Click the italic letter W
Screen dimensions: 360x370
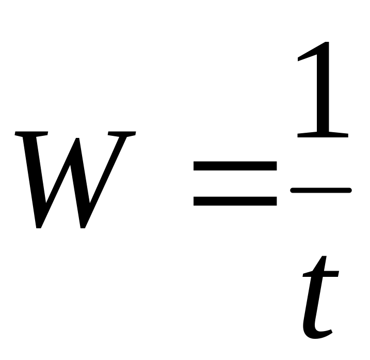(x=75, y=178)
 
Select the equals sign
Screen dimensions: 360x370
(x=235, y=183)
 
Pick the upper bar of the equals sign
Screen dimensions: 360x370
(x=235, y=167)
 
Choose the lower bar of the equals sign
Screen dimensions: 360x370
(x=235, y=200)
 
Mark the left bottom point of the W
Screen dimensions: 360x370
(x=39, y=226)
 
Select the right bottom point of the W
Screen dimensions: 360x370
(x=83, y=226)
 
